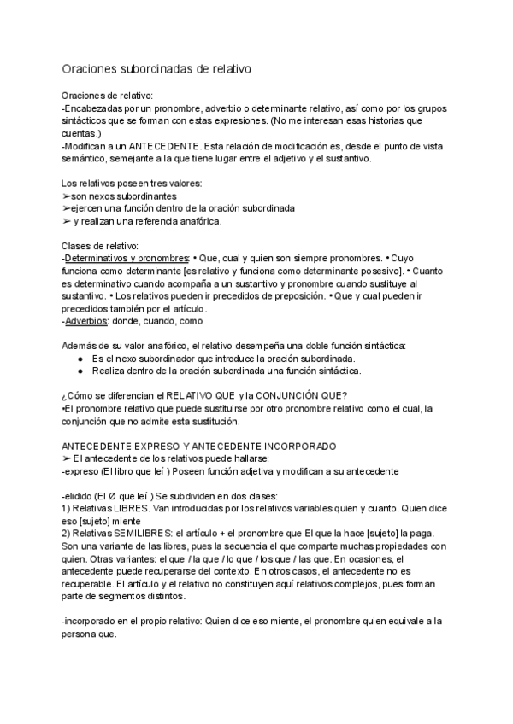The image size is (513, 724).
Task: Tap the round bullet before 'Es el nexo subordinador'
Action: click(80, 359)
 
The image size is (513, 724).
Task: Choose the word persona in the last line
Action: click(84, 636)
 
